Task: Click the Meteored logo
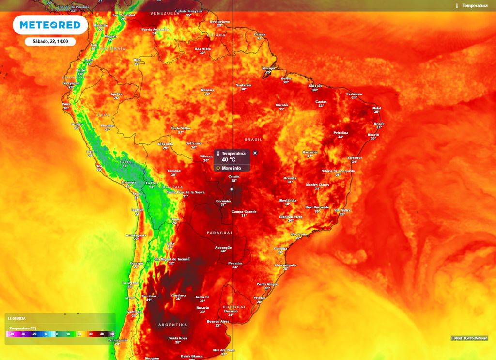tap(50, 25)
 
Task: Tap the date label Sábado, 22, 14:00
tap(50, 42)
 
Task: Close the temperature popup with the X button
tap(255, 153)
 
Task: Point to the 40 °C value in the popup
tap(229, 159)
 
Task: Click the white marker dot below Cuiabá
tap(232, 189)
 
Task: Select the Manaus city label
tap(207, 90)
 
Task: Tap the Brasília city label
tap(290, 178)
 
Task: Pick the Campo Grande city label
tap(244, 211)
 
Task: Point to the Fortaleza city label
tap(354, 94)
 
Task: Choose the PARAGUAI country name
tap(219, 233)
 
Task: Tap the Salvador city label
tap(355, 157)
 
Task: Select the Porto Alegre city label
tap(267, 284)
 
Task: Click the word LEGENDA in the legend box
tap(17, 318)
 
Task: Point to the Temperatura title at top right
tap(475, 5)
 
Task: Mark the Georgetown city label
tap(219, 21)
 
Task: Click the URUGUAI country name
tap(234, 307)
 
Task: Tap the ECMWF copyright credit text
tap(469, 338)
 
